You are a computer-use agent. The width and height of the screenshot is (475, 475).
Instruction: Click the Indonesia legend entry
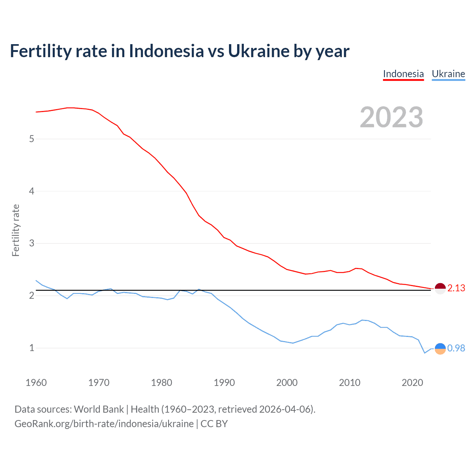pos(403,74)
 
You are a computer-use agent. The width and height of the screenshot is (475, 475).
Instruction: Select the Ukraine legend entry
pos(448,74)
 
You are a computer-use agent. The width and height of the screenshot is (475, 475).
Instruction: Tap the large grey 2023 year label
pos(392,117)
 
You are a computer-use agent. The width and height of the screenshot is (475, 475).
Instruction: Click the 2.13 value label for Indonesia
pos(456,288)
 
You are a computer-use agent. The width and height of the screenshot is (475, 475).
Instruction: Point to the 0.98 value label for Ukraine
pos(456,348)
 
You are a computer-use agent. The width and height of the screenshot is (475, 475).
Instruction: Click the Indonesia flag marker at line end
pos(440,288)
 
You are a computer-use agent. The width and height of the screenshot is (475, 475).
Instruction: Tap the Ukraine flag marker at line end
pos(440,348)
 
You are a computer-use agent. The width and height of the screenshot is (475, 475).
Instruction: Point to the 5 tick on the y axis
pos(32,139)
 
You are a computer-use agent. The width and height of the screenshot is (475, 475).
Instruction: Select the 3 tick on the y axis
pos(32,243)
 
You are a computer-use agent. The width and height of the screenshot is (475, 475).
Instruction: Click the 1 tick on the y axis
pos(32,348)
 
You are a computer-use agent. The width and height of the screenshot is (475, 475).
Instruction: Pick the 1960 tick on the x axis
pos(36,383)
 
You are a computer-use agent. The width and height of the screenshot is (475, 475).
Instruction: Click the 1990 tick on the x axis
pos(224,383)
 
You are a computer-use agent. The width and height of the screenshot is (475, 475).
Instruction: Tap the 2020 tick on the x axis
pos(412,383)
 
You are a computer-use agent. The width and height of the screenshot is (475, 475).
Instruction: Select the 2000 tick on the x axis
pos(287,383)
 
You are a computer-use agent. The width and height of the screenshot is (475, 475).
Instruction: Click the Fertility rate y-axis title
pos(16,230)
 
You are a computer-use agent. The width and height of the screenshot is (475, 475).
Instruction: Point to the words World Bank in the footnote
pos(99,409)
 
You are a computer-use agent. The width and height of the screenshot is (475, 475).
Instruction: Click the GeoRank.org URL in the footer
pos(104,424)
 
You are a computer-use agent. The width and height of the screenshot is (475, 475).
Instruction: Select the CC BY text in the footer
pos(214,424)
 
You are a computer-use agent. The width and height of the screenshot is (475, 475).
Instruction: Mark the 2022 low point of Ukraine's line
pos(425,353)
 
